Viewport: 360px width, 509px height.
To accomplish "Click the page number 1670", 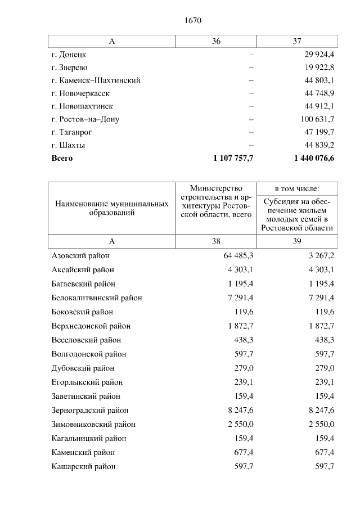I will [193, 21].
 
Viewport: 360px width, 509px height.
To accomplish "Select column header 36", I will [216, 42].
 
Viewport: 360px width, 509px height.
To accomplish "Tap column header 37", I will [297, 42].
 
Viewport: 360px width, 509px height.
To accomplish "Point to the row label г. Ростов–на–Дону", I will [85, 119].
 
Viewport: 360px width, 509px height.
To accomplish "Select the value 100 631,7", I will [316, 119].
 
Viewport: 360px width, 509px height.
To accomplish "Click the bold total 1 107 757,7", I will [233, 159].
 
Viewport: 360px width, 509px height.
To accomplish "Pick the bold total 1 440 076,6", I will [314, 159].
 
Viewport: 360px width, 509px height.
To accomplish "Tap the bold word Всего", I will [62, 159].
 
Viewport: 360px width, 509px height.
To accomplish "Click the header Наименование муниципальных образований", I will [111, 208].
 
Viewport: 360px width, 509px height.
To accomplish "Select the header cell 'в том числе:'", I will [297, 188].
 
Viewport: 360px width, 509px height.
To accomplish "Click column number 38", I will [216, 241].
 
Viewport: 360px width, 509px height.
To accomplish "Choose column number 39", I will [297, 241].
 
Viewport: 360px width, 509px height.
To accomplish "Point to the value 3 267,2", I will [321, 256].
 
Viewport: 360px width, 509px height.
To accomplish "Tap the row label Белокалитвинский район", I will [97, 298].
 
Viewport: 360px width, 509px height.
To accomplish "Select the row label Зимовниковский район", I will [93, 424].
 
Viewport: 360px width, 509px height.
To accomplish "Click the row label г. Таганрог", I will [71, 132].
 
